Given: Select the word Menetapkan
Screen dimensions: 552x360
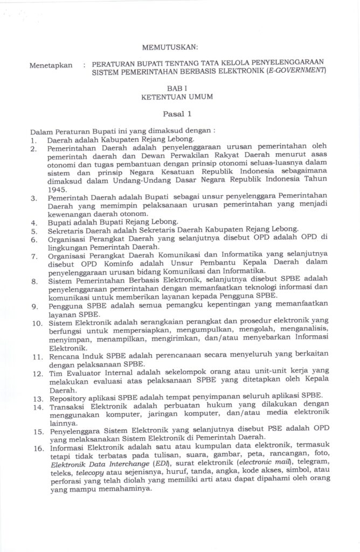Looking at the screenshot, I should point(51,65).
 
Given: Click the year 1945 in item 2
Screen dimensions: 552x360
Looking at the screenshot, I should point(58,190).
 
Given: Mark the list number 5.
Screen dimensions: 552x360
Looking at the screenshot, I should point(33,229).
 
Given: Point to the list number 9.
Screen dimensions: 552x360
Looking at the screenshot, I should point(33,306).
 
